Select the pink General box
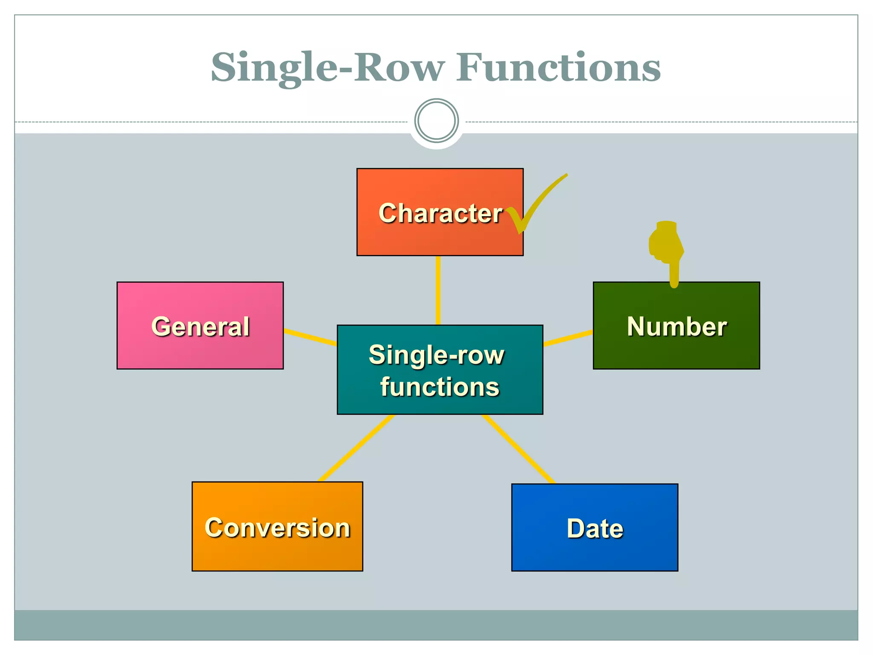pyautogui.click(x=200, y=326)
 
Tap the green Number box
pyautogui.click(x=676, y=326)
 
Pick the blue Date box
pyautogui.click(x=595, y=527)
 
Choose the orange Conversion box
pyautogui.click(x=277, y=527)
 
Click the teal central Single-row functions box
pyautogui.click(x=439, y=370)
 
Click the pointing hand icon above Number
pyautogui.click(x=667, y=247)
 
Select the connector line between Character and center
pyautogui.click(x=438, y=290)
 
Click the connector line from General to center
pyautogui.click(x=310, y=337)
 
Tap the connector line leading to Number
pyautogui.click(x=568, y=337)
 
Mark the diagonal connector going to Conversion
pyautogui.click(x=357, y=448)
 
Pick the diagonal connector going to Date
pyautogui.click(x=518, y=449)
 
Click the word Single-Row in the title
pyautogui.click(x=327, y=68)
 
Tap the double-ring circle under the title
pyautogui.click(x=436, y=121)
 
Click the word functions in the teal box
pyautogui.click(x=439, y=387)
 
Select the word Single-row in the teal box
pyautogui.click(x=436, y=355)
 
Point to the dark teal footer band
pyautogui.click(x=436, y=625)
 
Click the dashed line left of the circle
pyautogui.click(x=213, y=122)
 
